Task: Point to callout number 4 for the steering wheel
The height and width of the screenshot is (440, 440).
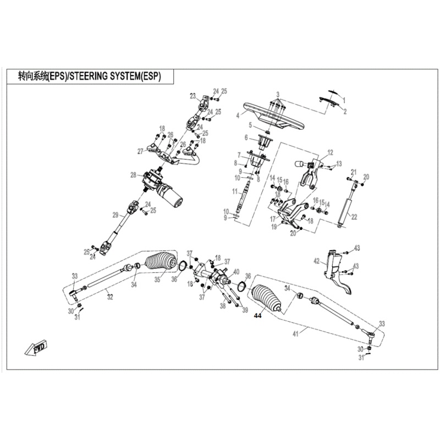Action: coord(237,116)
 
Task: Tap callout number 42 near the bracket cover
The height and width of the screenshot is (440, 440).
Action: coord(316,261)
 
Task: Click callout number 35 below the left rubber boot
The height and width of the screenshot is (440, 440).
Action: coord(157,280)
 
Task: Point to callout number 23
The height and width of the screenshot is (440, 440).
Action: coord(193,96)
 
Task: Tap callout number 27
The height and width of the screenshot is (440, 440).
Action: coord(140,151)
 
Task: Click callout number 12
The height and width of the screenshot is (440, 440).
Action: coord(331,152)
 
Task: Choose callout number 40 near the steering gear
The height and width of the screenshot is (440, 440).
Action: coord(237,272)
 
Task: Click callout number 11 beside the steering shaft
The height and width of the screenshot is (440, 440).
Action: coord(234,191)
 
